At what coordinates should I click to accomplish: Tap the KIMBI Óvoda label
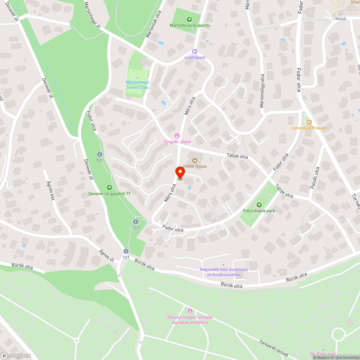click(198, 166)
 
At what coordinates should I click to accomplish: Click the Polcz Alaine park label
click(259, 210)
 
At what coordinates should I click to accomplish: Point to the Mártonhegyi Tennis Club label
click(138, 84)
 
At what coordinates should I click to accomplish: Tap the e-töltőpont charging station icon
click(195, 52)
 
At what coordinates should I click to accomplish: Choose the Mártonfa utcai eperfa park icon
click(189, 19)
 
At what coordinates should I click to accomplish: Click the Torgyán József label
click(177, 141)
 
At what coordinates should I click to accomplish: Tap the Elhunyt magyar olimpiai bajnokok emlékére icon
click(190, 311)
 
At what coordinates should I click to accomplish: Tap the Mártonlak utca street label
click(153, 24)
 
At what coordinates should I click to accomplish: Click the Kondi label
click(340, 19)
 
